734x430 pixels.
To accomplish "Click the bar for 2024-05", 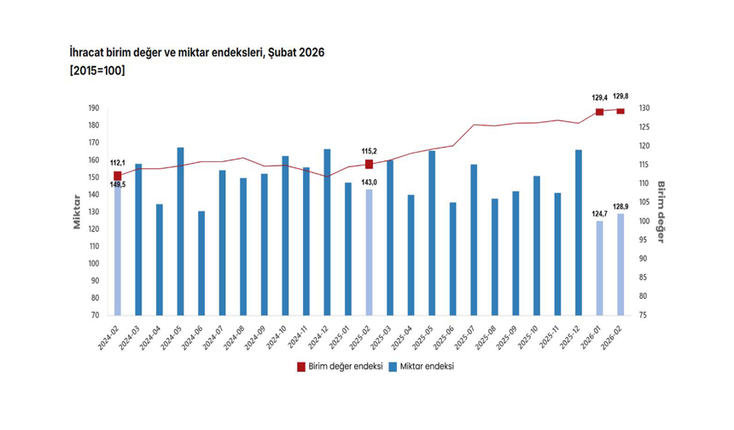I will pos(181,231).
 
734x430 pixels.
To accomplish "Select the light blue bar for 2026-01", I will pos(600,268).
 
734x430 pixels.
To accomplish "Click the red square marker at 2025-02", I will pos(370,164).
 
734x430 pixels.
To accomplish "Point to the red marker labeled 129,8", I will pos(621,111).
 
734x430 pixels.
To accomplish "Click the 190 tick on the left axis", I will pos(93,108).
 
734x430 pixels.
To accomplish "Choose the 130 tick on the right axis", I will pos(644,108).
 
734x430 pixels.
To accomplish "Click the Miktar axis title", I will pos(77,212).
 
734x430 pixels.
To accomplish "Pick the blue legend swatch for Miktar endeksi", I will pos(393,366).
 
